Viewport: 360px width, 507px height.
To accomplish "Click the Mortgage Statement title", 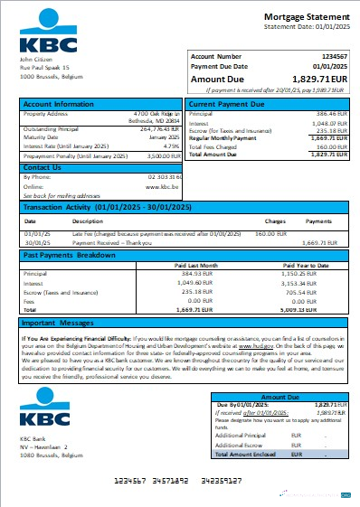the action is [x=302, y=17].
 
